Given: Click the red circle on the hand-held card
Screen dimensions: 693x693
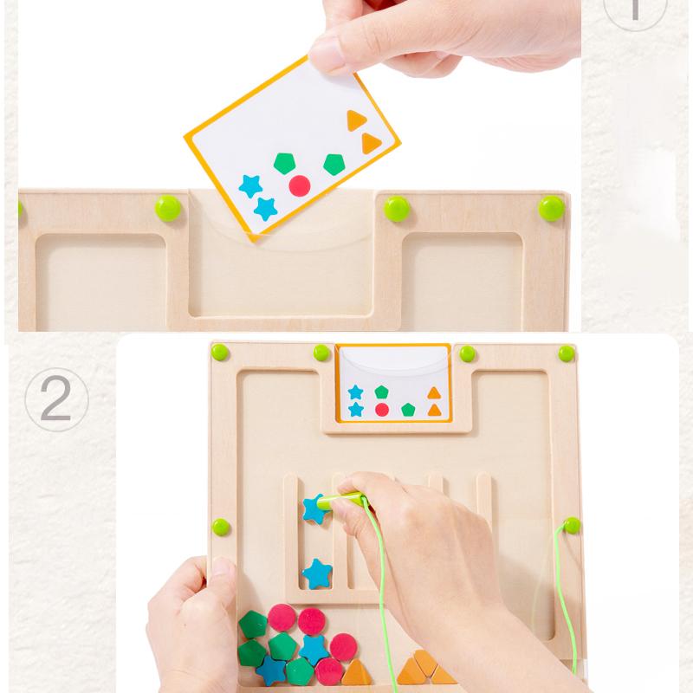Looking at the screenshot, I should pos(300,185).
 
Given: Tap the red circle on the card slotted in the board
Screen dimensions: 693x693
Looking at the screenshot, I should pos(381,409).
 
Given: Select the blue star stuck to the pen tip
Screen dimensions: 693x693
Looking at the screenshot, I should pos(314,509).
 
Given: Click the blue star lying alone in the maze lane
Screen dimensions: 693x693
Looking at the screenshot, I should pos(316,573).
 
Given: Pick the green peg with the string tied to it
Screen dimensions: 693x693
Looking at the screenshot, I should pos(572,525).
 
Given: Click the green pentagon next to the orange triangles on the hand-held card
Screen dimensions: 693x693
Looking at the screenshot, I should pos(334,164).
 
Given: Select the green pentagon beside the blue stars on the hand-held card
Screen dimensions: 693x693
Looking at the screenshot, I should pos(283,162).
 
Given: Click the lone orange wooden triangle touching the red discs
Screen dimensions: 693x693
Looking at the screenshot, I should pos(357,670).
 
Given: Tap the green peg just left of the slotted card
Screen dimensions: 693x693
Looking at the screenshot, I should pos(322,353).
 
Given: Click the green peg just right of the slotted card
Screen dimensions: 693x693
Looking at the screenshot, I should pos(468,353).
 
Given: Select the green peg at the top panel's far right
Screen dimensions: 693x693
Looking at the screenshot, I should pos(551,207).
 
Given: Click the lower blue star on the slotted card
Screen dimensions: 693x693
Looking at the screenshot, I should pos(355,409).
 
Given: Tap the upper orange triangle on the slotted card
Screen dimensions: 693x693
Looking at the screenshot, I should pos(434,392).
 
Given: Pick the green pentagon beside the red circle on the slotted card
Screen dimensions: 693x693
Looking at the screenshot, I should pos(408,410).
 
